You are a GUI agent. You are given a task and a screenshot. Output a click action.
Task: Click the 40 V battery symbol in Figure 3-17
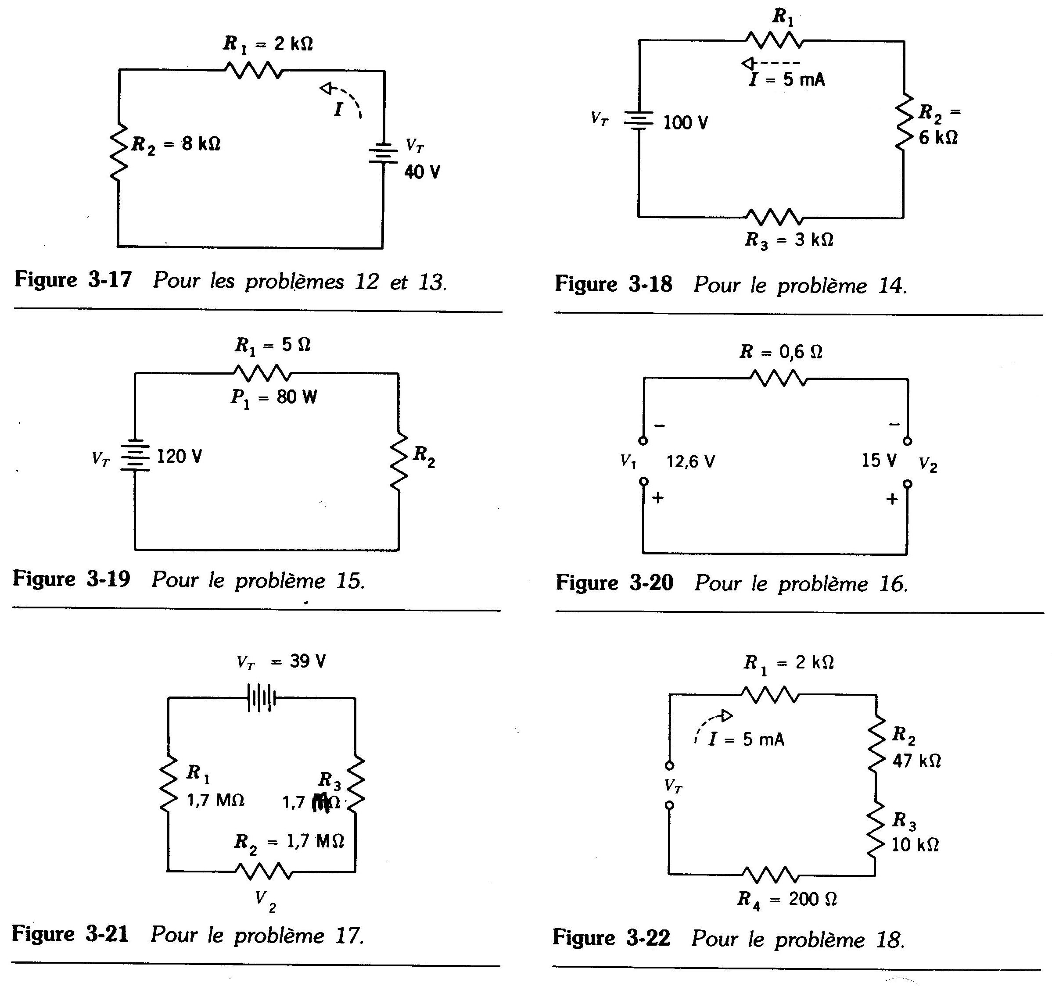click(383, 154)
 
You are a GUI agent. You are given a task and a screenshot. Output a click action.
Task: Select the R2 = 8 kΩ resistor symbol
click(118, 152)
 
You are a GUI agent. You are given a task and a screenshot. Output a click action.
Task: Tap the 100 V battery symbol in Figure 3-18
click(639, 121)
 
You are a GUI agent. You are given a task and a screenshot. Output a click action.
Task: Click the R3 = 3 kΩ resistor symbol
click(774, 217)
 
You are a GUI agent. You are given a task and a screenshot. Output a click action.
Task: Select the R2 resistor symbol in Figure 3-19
click(399, 461)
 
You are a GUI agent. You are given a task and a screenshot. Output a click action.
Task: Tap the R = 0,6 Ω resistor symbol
click(779, 379)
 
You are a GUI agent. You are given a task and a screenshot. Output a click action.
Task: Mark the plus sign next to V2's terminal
click(892, 499)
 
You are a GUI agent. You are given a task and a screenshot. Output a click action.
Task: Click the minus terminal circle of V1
click(643, 441)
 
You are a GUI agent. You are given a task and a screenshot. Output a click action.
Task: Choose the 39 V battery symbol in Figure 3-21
click(261, 698)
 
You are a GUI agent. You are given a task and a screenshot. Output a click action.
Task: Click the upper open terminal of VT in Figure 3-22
click(669, 766)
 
